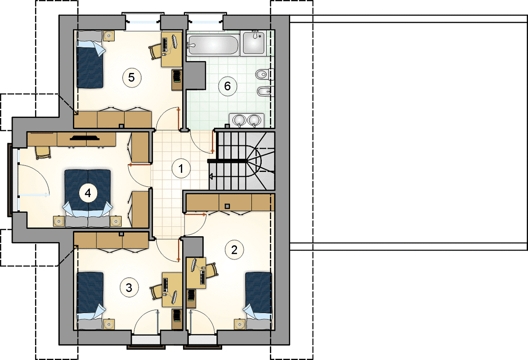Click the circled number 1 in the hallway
click(x=181, y=168)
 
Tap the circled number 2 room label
click(x=234, y=249)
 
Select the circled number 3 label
click(x=129, y=288)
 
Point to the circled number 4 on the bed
click(x=88, y=193)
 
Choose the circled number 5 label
click(x=132, y=78)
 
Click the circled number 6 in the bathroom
click(x=227, y=86)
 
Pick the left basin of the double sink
click(x=240, y=120)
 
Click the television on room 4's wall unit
click(x=85, y=137)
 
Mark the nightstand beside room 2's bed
click(x=239, y=324)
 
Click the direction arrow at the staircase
click(x=211, y=176)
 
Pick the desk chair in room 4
click(x=43, y=153)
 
